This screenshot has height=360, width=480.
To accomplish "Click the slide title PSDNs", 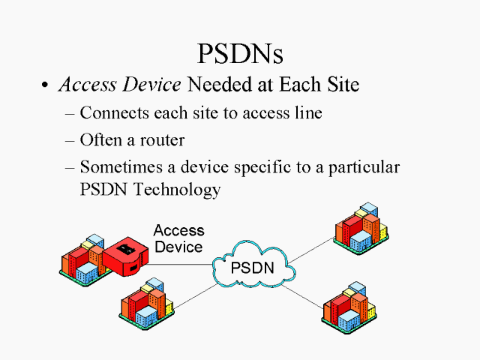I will click(240, 53).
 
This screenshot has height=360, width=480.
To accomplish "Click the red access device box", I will click(125, 257).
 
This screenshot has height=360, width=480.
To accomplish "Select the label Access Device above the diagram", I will click(178, 238).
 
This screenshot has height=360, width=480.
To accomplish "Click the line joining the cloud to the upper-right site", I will click(312, 250).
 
